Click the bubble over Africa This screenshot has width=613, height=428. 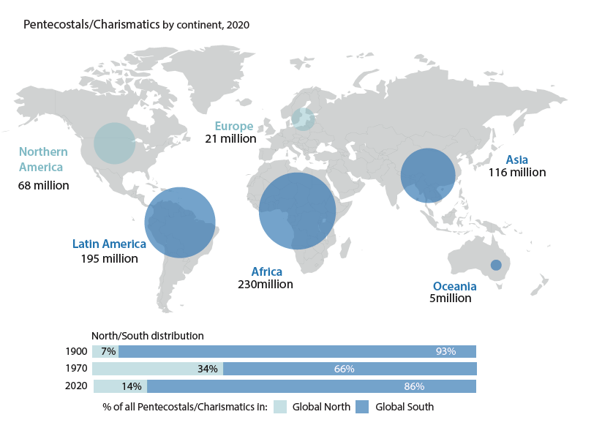point(297,211)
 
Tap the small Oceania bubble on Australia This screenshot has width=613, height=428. point(496,265)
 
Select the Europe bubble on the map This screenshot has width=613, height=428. point(303,119)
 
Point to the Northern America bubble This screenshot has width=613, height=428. point(115,143)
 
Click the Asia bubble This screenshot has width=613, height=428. point(428,176)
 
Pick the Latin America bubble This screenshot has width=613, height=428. point(180,222)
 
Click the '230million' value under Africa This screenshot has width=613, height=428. point(266,284)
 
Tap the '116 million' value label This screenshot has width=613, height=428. point(517,173)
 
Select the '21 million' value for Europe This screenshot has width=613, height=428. point(230,139)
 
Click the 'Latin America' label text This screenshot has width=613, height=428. point(109,244)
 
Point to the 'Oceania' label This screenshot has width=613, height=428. point(455,287)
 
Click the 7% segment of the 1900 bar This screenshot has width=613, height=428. point(105,351)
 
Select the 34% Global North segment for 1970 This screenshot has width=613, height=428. point(158,369)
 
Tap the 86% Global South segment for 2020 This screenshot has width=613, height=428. point(312,386)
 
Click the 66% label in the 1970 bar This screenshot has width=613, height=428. point(344,369)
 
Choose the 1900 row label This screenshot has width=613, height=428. point(76,351)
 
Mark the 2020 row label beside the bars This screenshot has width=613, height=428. point(76,386)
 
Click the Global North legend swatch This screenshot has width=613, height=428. point(280,407)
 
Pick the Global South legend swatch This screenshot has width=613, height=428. point(362,407)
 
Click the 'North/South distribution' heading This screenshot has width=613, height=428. point(147,336)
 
